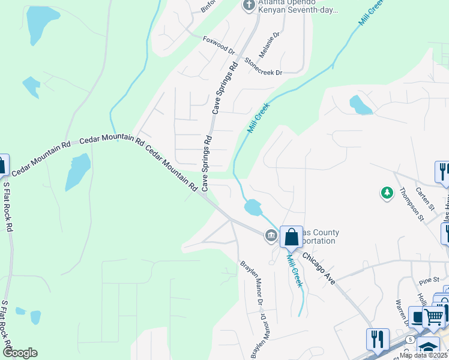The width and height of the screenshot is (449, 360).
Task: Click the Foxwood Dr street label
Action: (220, 46)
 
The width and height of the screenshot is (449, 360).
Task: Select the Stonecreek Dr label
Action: (264, 67)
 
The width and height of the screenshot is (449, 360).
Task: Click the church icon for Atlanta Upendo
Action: (249, 5)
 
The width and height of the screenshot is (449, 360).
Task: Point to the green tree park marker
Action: (387, 193)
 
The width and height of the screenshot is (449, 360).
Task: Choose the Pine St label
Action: (430, 280)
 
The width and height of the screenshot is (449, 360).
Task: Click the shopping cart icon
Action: (435, 316)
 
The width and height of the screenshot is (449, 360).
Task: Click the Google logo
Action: (19, 353)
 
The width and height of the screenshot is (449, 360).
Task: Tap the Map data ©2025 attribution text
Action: (423, 355)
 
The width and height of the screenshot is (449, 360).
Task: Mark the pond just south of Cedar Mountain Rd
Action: (77, 171)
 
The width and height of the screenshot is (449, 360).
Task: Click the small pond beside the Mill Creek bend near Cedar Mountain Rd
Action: (253, 208)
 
